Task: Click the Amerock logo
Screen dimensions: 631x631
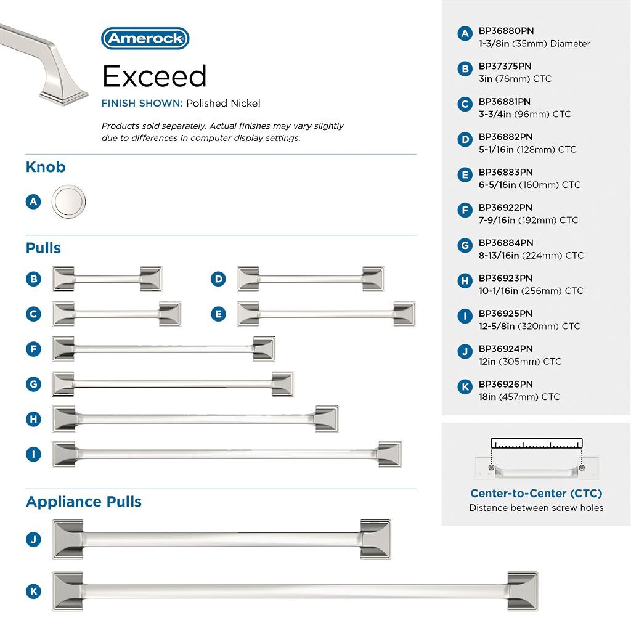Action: coord(145,38)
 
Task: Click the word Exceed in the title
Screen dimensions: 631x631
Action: coord(154,76)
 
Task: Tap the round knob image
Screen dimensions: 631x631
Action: coord(68,202)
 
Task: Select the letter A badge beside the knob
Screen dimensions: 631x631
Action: coord(33,202)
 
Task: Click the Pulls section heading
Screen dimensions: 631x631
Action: coord(43,248)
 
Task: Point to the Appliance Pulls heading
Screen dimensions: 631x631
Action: coord(84,502)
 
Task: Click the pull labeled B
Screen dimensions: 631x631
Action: coord(107,279)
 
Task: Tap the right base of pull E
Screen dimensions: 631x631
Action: coord(404,314)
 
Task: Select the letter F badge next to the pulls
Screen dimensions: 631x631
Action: coord(33,349)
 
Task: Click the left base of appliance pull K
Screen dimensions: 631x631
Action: coord(68,592)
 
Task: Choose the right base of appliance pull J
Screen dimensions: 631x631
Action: coord(375,539)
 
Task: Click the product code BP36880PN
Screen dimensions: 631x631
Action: coord(506,30)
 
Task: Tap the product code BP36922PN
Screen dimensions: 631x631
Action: coord(505,207)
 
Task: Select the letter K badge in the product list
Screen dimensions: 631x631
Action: coord(465,387)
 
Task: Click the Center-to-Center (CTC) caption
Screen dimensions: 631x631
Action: coord(536,493)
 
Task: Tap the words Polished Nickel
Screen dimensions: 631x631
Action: coord(223,104)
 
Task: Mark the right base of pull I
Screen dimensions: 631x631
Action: coord(389,454)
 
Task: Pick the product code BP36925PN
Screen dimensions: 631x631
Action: coord(505,313)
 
